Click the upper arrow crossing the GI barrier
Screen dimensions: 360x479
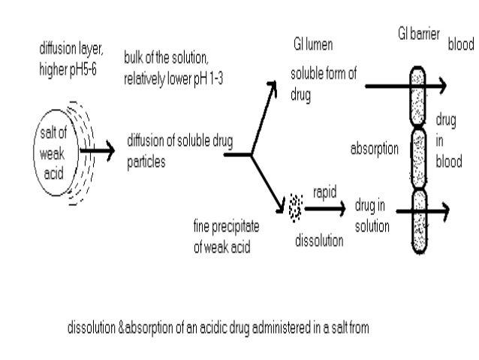(x=405, y=86)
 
